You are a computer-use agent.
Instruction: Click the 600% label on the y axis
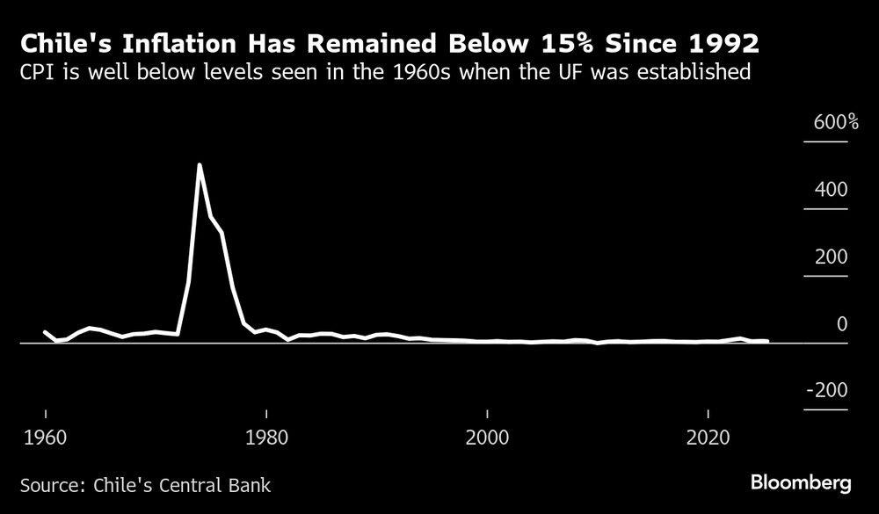(829, 122)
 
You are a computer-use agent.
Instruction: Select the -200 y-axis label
(826, 390)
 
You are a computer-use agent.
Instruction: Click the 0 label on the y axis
(842, 324)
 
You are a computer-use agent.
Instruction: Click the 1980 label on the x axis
(265, 437)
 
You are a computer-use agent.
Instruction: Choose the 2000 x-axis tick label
(486, 437)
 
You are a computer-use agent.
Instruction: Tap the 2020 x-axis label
(708, 437)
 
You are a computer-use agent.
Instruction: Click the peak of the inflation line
(200, 165)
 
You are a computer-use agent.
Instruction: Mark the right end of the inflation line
(767, 341)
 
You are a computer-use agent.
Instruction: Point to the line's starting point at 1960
(45, 332)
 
